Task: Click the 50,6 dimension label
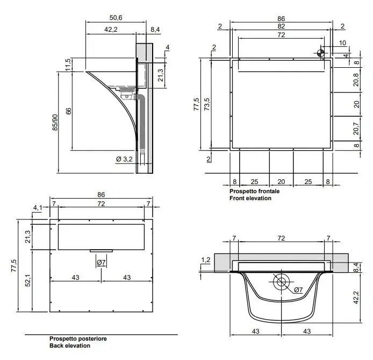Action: click(x=116, y=18)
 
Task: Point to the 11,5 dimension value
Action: click(x=68, y=65)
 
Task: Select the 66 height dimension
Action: click(x=68, y=111)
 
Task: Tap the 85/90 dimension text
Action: click(x=55, y=122)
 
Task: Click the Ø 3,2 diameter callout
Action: click(x=124, y=159)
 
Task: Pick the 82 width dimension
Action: click(x=281, y=26)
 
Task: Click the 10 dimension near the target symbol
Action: click(x=342, y=43)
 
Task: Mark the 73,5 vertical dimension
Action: click(x=207, y=104)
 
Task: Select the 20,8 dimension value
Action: click(x=356, y=80)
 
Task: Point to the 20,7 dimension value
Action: click(x=356, y=129)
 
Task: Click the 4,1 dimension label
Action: click(x=38, y=208)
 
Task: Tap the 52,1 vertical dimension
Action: click(x=28, y=280)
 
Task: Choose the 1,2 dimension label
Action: click(x=206, y=260)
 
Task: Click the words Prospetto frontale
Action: click(x=255, y=191)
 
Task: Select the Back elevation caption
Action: click(x=70, y=345)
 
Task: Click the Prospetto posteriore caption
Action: click(x=78, y=338)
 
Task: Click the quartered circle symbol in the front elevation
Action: click(x=320, y=53)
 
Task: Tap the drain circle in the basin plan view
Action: click(x=281, y=282)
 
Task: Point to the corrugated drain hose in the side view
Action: click(x=142, y=122)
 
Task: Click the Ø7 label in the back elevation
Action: click(x=101, y=263)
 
